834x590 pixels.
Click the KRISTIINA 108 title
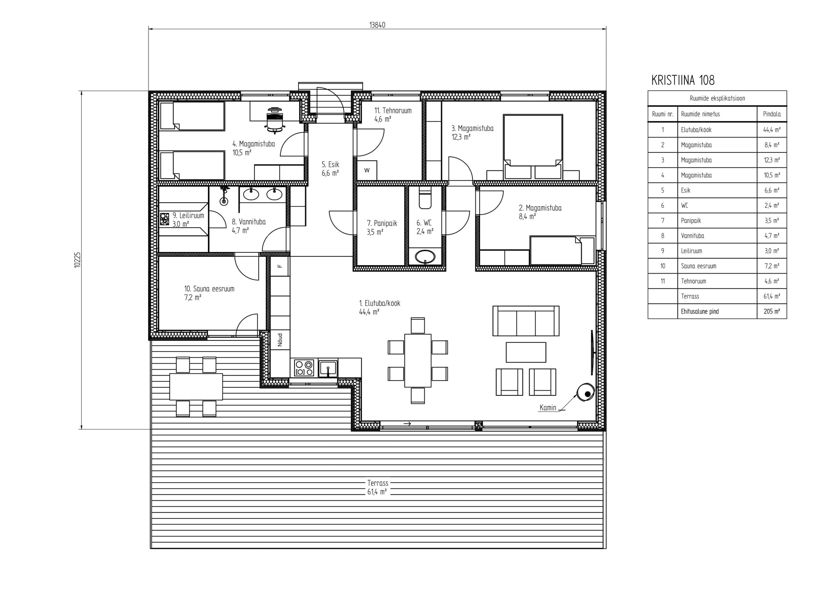683,80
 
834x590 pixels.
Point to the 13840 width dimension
377,25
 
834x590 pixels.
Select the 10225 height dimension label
77,260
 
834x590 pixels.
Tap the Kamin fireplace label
548,407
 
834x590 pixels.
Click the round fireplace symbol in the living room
585,393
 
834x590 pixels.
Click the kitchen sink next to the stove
328,368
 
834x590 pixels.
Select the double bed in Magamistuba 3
533,147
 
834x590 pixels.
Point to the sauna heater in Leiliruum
165,219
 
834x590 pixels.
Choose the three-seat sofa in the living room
525,321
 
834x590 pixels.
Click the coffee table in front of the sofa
525,352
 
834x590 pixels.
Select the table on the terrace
196,386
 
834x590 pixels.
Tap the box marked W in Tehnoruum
367,170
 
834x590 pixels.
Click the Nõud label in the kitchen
280,340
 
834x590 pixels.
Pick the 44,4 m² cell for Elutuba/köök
771,130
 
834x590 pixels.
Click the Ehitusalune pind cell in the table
699,312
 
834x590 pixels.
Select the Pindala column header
771,114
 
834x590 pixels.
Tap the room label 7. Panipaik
381,223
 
